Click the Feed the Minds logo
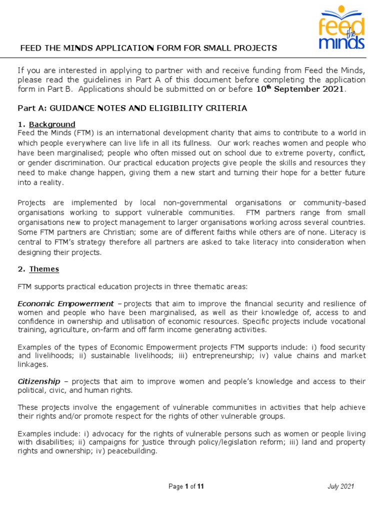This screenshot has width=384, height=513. click(x=341, y=28)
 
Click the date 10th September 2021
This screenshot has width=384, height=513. click(x=300, y=89)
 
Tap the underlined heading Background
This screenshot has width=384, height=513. click(x=52, y=124)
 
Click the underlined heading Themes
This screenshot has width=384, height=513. click(x=44, y=269)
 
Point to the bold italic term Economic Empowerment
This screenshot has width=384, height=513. click(x=65, y=304)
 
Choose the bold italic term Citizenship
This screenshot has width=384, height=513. click(x=39, y=381)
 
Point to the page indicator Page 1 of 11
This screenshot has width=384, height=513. click(x=186, y=486)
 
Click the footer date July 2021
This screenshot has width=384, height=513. click(x=341, y=486)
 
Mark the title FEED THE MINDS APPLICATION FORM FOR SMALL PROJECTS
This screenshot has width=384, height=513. click(x=148, y=48)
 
